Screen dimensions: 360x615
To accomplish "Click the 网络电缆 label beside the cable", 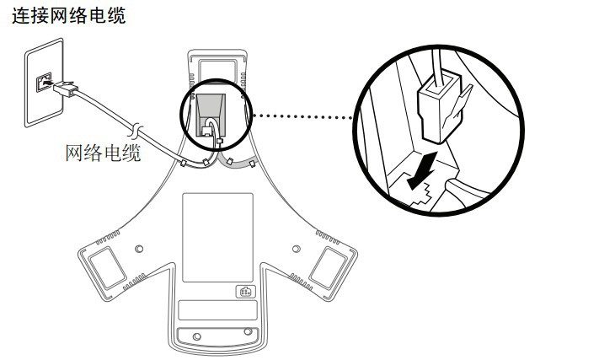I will pyautogui.click(x=104, y=153).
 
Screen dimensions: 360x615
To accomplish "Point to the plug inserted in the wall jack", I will pyautogui.click(x=62, y=86).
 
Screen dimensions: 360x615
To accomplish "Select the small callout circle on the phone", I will pyautogui.click(x=212, y=116).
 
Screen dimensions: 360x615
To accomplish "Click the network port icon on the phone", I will pyautogui.click(x=243, y=293).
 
